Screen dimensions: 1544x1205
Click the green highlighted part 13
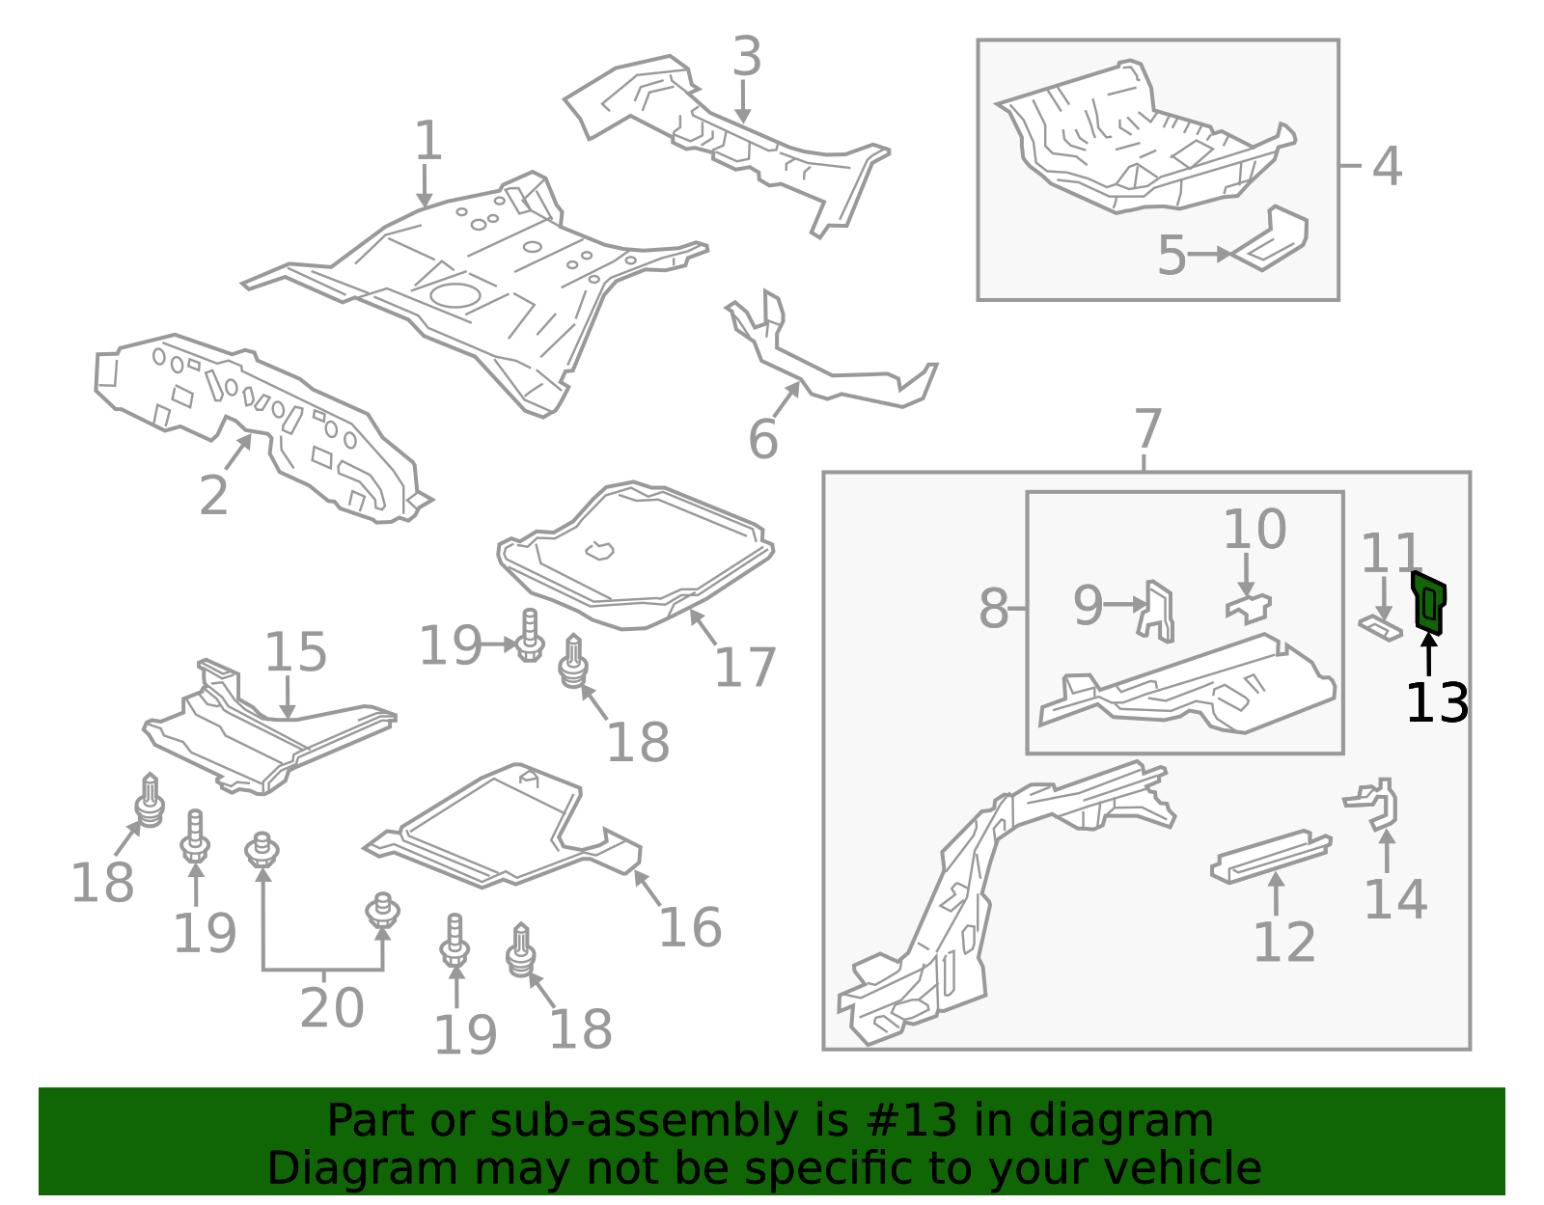[x=1428, y=602]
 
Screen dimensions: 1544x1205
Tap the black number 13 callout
[x=1437, y=703]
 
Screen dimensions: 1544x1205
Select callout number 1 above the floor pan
[x=427, y=141]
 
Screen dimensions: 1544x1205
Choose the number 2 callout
[x=214, y=496]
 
